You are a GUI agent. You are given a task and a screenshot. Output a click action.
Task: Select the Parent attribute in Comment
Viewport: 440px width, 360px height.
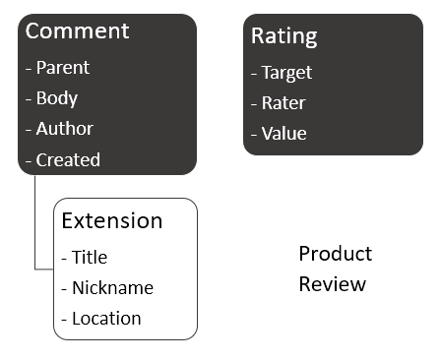(63, 68)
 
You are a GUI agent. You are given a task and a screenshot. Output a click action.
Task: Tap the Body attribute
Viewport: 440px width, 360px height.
(57, 98)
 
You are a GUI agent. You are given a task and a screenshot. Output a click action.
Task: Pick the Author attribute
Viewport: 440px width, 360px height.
(65, 129)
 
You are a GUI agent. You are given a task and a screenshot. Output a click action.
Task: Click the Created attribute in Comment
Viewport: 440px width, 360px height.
(68, 159)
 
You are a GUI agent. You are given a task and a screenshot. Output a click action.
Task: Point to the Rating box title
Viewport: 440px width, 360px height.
(284, 37)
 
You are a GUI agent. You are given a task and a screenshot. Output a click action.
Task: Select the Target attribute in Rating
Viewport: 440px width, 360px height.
(286, 73)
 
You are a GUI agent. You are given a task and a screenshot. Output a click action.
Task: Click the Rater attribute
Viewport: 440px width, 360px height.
(283, 103)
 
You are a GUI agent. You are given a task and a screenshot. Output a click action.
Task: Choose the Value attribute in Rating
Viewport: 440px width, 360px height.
(283, 134)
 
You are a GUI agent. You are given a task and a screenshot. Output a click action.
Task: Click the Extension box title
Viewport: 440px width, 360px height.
(112, 220)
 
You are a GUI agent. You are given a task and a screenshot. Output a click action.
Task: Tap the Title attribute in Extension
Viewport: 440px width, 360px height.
(90, 258)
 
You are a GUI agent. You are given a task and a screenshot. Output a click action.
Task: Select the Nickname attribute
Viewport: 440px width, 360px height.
(112, 288)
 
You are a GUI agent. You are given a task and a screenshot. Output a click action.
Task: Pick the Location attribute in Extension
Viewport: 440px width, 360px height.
(106, 319)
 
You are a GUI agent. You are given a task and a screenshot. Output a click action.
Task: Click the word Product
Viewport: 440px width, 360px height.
(336, 254)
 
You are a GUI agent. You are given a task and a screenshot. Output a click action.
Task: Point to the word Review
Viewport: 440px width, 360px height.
(333, 284)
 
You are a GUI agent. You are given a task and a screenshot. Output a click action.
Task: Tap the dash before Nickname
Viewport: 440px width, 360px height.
(65, 289)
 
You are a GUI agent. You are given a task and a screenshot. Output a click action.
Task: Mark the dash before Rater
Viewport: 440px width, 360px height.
(254, 104)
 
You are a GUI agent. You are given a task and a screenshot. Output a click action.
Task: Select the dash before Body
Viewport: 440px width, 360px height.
(29, 99)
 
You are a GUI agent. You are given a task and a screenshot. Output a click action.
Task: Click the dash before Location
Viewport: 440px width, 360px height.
(65, 320)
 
